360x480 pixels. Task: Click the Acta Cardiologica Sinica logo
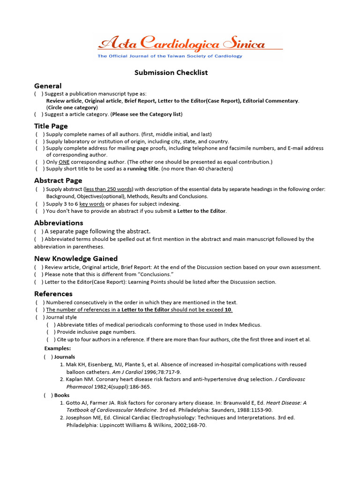[181, 44]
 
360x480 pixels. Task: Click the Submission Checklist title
[171, 73]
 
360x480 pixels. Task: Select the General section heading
[48, 86]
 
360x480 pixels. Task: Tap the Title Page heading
[51, 126]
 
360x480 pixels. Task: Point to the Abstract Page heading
[58, 180]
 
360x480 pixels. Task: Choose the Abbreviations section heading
[59, 223]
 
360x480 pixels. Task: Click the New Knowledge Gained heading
[76, 258]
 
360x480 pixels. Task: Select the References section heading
[53, 294]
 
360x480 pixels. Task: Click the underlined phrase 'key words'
[91, 204]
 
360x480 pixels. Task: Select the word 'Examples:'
[58, 348]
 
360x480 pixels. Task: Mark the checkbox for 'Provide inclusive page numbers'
[51, 332]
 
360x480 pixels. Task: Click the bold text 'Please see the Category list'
[146, 114]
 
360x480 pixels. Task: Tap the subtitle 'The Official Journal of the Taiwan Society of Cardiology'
[170, 56]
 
